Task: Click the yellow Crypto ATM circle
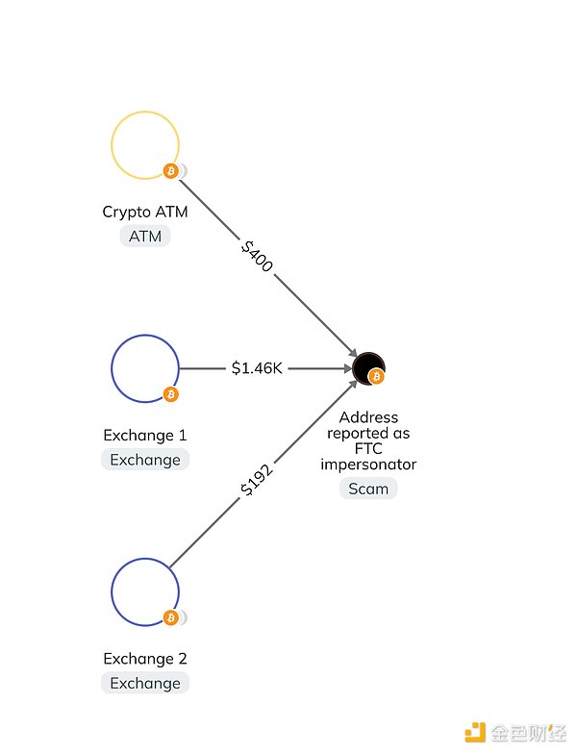pyautogui.click(x=144, y=146)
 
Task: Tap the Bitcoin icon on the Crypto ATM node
pyautogui.click(x=171, y=171)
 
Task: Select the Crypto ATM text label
pyautogui.click(x=144, y=212)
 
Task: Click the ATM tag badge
pyautogui.click(x=144, y=236)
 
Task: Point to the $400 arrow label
pyautogui.click(x=257, y=256)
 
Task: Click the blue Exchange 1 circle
pyautogui.click(x=144, y=368)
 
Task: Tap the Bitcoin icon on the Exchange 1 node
pyautogui.click(x=171, y=394)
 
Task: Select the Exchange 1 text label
pyautogui.click(x=144, y=436)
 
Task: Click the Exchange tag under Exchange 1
pyautogui.click(x=144, y=460)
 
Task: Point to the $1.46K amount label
pyautogui.click(x=257, y=368)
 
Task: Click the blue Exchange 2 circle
pyautogui.click(x=144, y=591)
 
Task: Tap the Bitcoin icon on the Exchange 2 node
pyautogui.click(x=171, y=617)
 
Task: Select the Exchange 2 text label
pyautogui.click(x=144, y=659)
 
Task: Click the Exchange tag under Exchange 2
pyautogui.click(x=144, y=683)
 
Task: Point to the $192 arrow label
pyautogui.click(x=257, y=480)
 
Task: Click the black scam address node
pyautogui.click(x=366, y=366)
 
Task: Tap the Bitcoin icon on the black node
pyautogui.click(x=376, y=377)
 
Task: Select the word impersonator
pyautogui.click(x=368, y=464)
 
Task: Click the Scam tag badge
pyautogui.click(x=368, y=489)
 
